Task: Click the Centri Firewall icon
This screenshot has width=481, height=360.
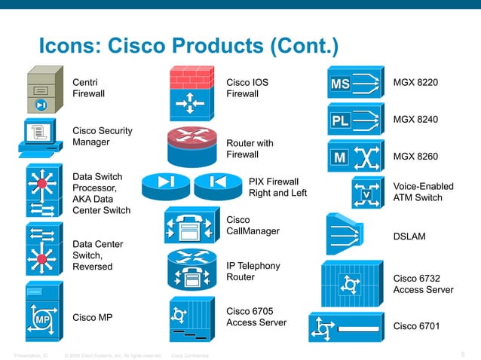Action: pyautogui.click(x=42, y=90)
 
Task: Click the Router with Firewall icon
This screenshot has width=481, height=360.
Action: pyautogui.click(x=191, y=147)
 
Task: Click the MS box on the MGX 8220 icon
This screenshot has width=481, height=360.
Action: pyautogui.click(x=340, y=84)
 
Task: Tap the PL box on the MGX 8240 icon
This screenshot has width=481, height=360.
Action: pyautogui.click(x=340, y=121)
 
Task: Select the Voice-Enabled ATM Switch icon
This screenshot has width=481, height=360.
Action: pyautogui.click(x=368, y=193)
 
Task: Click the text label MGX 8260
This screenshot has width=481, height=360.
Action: pyautogui.click(x=416, y=157)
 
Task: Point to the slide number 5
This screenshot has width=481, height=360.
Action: pyautogui.click(x=462, y=354)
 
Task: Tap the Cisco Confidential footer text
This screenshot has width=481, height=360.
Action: pyautogui.click(x=191, y=355)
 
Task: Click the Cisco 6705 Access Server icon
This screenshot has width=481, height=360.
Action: pyautogui.click(x=191, y=320)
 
